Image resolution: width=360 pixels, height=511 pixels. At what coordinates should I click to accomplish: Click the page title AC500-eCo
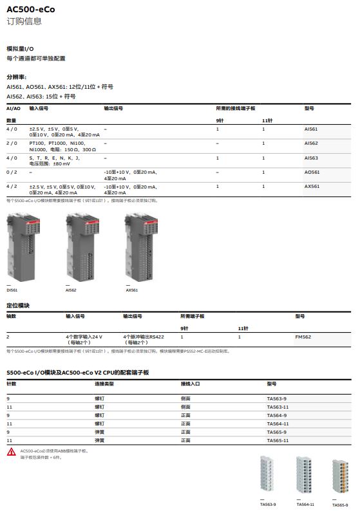point(30,9)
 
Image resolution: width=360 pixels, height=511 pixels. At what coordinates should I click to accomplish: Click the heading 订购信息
point(24,21)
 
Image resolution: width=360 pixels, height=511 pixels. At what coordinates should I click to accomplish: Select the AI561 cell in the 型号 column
point(311,129)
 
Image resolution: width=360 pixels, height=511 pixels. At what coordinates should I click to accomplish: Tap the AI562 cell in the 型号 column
point(311,143)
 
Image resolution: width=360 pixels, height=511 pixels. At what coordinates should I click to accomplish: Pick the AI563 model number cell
point(311,158)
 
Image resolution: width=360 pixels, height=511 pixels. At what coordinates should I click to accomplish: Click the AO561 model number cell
point(312,172)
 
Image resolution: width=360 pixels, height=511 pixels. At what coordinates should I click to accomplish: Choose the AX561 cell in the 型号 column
point(312,186)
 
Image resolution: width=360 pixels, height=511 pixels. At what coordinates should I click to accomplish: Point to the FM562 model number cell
point(303,337)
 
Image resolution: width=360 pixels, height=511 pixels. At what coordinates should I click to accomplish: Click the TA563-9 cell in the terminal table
point(277,398)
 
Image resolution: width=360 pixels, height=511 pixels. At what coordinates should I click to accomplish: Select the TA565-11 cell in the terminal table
point(278,440)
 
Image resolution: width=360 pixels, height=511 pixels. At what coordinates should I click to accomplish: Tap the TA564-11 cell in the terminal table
point(278,423)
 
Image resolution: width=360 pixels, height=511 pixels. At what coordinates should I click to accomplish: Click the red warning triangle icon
point(12,453)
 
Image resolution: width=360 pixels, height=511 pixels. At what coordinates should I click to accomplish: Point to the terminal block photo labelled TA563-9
point(268,476)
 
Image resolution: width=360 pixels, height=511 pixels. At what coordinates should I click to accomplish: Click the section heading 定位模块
point(18,305)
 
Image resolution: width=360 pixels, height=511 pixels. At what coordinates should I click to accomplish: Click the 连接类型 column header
point(104,384)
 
